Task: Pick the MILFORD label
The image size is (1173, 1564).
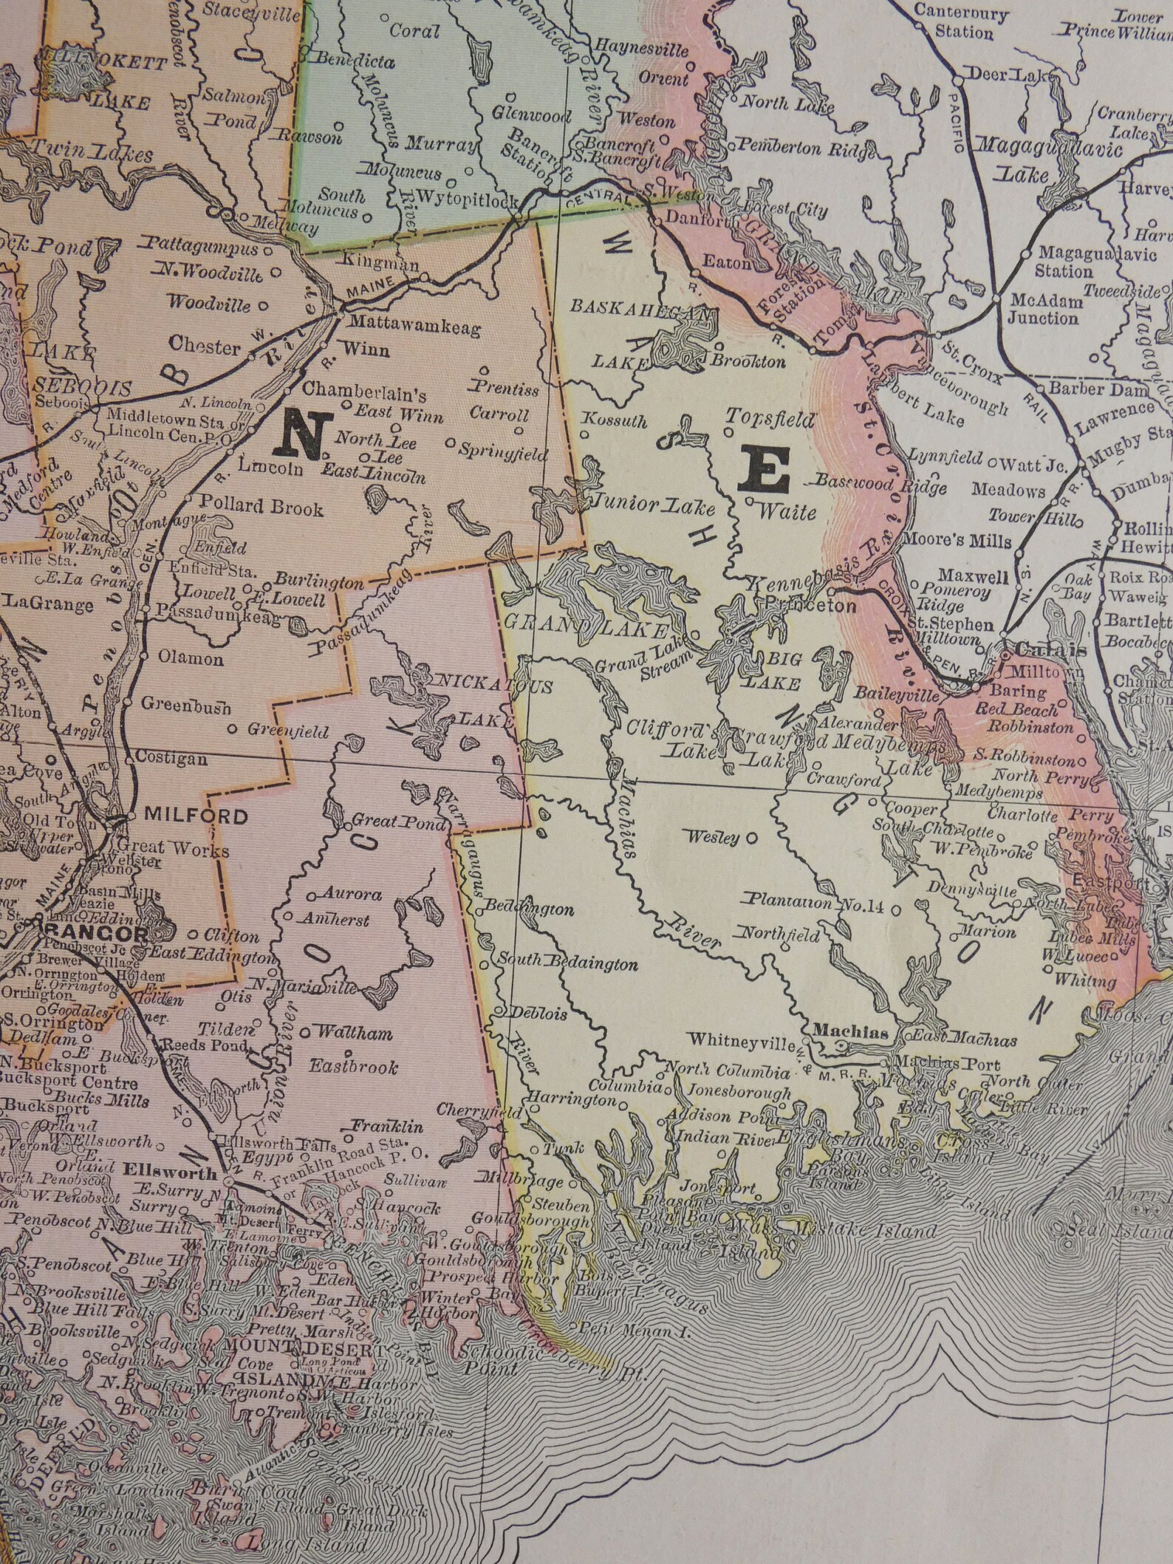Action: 196,816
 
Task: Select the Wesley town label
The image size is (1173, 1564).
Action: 714,838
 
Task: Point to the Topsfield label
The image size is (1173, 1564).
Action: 770,419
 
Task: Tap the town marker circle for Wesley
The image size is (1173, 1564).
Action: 752,839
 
